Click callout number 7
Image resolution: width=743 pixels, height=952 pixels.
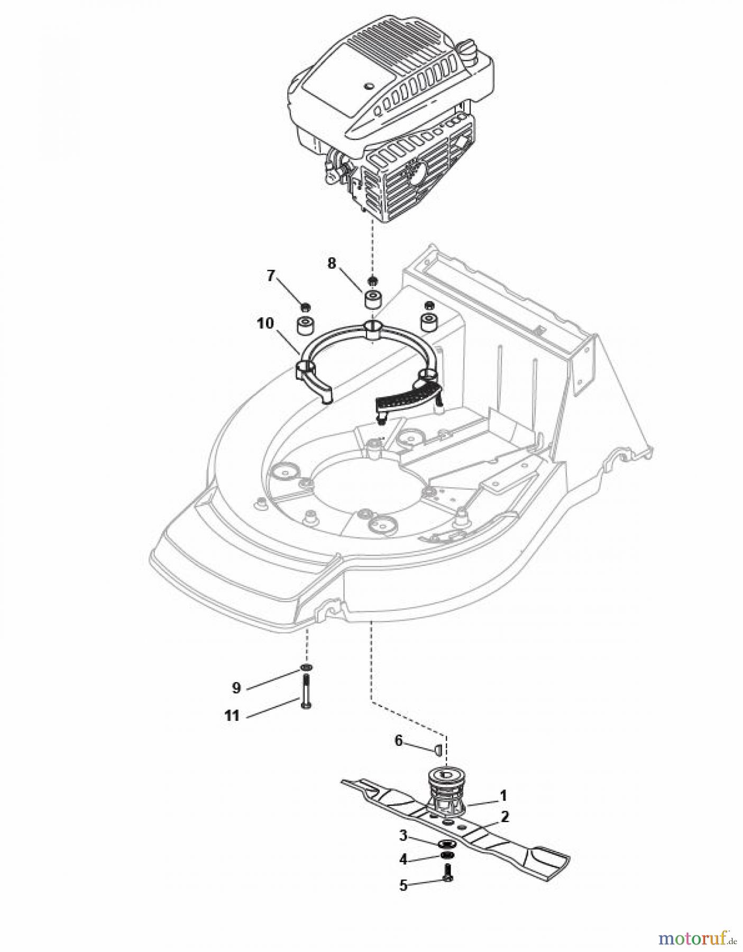coord(271,276)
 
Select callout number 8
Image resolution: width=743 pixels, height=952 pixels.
coord(332,263)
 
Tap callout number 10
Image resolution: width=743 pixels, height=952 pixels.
coord(265,323)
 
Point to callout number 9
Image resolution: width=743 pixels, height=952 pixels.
coord(236,688)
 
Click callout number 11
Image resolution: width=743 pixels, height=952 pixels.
coord(232,716)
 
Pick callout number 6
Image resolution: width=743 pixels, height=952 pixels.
coord(399,741)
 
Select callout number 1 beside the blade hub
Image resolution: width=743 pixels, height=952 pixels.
coord(503,795)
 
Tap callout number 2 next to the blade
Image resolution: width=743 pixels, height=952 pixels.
coord(505,817)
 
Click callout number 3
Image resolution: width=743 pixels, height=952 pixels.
coord(403,836)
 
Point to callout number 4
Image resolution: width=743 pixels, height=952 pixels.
coord(403,860)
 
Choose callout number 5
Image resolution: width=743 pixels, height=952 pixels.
coord(403,885)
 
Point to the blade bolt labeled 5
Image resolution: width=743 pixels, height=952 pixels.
coord(448,876)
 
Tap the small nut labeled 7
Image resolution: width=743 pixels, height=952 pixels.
coord(305,307)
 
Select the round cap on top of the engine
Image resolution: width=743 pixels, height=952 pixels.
coord(469,49)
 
